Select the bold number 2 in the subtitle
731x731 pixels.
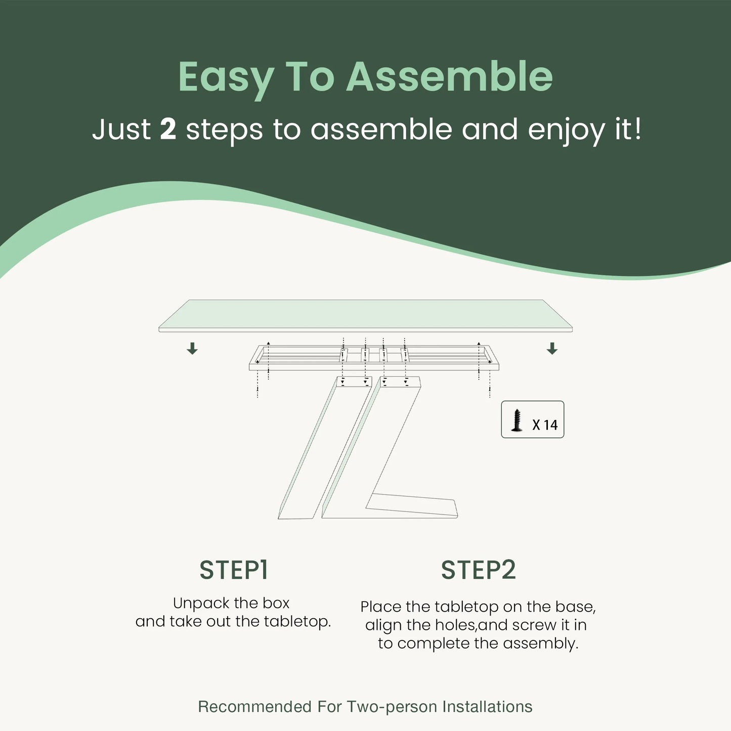click(168, 129)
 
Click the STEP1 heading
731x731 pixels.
click(234, 570)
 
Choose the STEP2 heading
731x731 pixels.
click(479, 570)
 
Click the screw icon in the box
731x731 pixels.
click(517, 420)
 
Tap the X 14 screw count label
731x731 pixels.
click(545, 425)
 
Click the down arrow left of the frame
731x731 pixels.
click(192, 348)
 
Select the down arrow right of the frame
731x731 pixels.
click(552, 348)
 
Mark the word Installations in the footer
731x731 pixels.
click(488, 707)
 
